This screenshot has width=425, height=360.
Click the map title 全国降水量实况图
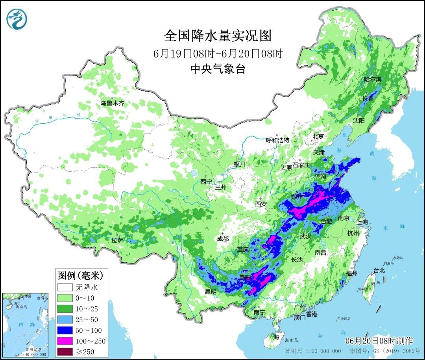[218, 36]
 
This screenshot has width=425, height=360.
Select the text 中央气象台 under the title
[218, 69]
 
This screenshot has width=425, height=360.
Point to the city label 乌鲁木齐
[112, 103]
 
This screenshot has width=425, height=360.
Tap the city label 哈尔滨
[372, 79]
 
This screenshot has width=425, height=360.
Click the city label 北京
[318, 136]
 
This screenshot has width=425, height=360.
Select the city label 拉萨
[117, 239]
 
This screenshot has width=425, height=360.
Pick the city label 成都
[222, 239]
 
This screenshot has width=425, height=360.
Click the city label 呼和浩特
[277, 140]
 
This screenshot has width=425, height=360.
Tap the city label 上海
[362, 223]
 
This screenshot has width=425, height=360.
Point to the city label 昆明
[211, 292]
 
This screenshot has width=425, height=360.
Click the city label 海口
[279, 337]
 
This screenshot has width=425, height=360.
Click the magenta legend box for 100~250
[65, 341]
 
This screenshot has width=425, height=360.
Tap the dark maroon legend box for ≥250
[65, 351]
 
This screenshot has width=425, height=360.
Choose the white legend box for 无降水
[65, 287]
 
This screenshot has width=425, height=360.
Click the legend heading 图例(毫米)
[77, 275]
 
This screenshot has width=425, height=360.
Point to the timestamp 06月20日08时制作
[379, 340]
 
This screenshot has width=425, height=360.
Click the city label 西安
[261, 204]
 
